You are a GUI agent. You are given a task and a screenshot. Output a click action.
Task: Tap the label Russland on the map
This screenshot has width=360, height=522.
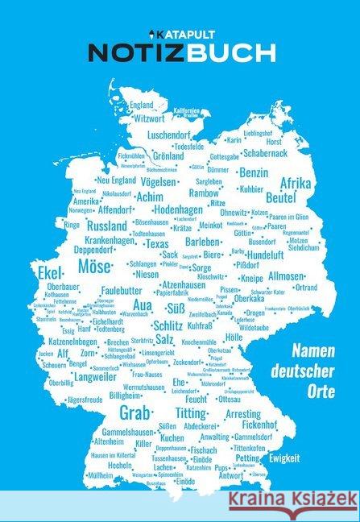(x=106, y=226)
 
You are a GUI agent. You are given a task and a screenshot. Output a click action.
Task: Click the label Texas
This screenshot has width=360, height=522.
(x=156, y=243)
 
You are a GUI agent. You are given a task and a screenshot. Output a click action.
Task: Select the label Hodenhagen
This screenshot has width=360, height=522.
(x=179, y=209)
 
